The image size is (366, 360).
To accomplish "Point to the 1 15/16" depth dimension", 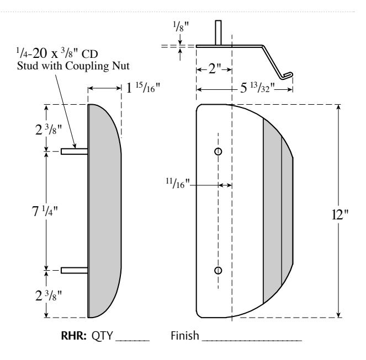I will click(x=142, y=88).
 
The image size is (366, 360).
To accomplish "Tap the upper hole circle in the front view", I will click(x=218, y=151).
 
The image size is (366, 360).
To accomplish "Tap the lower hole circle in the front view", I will click(x=218, y=270).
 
